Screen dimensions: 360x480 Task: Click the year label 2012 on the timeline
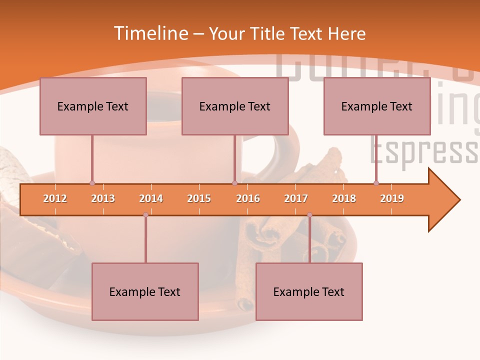(55, 198)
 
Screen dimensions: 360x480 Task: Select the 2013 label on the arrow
(103, 198)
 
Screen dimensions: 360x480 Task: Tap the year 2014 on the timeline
(151, 198)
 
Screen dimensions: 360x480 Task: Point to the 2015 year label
(199, 198)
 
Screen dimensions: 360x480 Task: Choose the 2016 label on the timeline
(248, 198)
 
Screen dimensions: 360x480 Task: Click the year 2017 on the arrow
(296, 198)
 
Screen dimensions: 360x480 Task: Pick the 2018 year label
(344, 198)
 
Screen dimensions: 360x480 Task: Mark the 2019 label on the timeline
(392, 198)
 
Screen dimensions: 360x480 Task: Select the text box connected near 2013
(93, 106)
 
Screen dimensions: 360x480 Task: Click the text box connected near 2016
(235, 106)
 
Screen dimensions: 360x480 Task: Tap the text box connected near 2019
(377, 106)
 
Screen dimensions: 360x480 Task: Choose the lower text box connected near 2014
(145, 292)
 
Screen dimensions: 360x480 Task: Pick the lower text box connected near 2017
(309, 292)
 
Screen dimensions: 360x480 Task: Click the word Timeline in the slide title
(150, 33)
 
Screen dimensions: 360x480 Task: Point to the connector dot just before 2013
(92, 183)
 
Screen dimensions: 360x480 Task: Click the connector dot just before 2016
(234, 183)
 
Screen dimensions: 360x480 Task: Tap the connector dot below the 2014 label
(145, 215)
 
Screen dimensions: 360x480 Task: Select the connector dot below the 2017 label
(309, 215)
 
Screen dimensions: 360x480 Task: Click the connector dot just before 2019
(376, 183)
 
